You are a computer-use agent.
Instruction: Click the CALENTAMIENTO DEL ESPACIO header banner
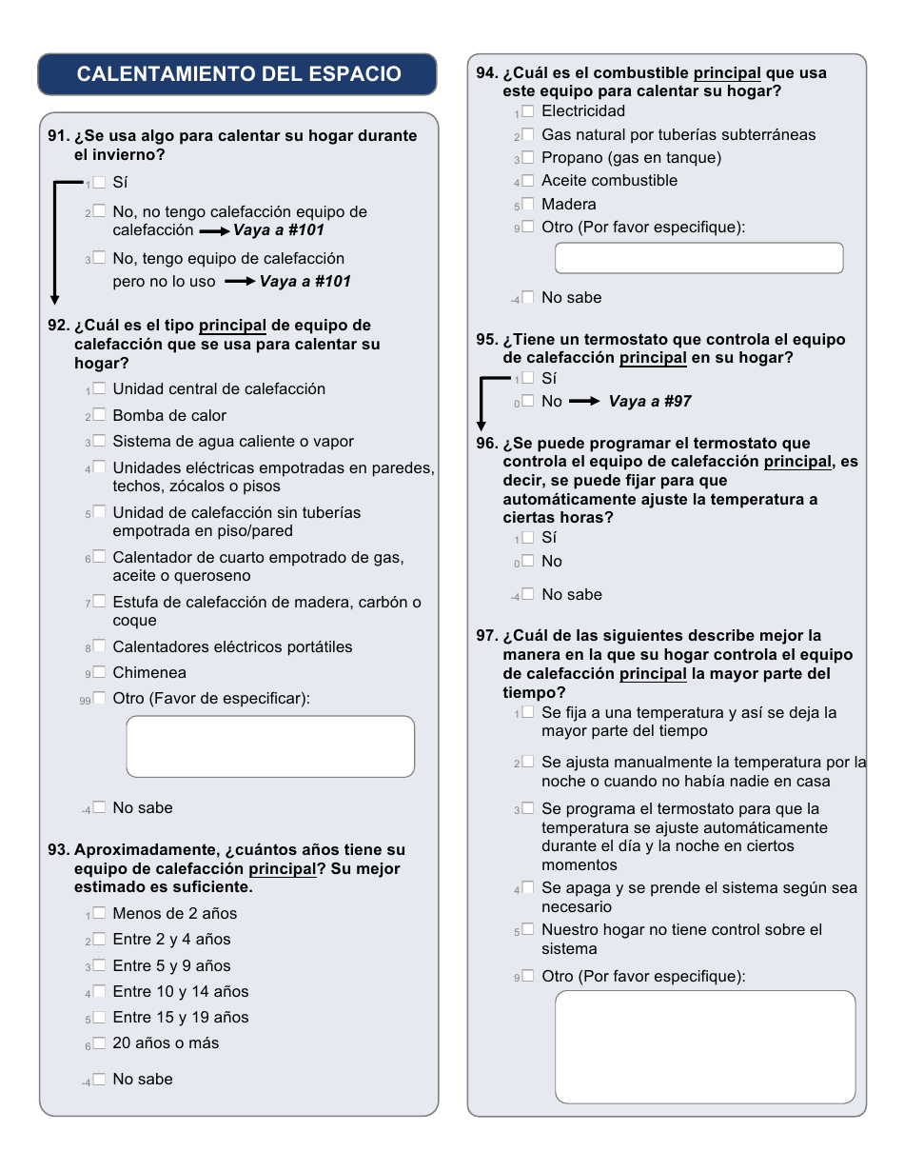coord(237,74)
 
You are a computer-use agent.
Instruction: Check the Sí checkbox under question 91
coord(99,182)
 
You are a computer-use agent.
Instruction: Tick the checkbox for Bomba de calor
coord(99,415)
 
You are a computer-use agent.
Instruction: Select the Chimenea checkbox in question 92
coord(99,672)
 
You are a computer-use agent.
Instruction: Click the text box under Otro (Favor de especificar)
coord(270,746)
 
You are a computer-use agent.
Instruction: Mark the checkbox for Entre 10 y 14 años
coord(99,991)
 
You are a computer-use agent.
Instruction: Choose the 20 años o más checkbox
coord(99,1042)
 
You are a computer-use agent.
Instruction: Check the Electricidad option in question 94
coord(528,111)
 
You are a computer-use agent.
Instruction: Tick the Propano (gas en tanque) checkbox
coord(528,158)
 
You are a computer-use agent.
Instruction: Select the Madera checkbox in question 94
coord(528,204)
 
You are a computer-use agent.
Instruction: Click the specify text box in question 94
coord(698,258)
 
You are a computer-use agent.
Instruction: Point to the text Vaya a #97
coord(650,402)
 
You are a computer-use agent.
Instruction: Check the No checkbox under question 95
coord(528,402)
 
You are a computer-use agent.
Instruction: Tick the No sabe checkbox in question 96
coord(528,594)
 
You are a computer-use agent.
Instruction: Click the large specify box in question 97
coord(705,1046)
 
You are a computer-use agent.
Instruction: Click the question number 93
coord(59,850)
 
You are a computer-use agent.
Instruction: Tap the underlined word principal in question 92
coord(232,326)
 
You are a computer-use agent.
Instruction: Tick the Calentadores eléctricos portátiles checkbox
coord(99,646)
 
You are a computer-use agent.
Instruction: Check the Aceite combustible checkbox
coord(528,181)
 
